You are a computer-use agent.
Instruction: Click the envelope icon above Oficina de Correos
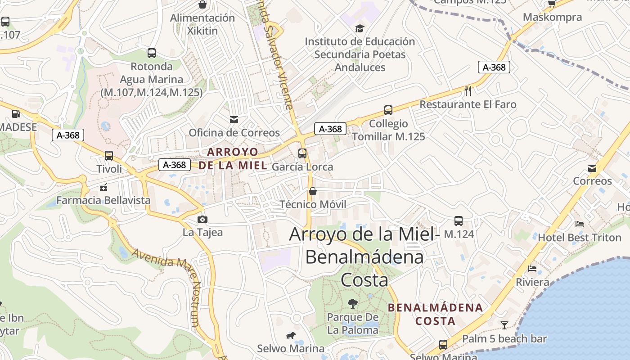click(234, 119)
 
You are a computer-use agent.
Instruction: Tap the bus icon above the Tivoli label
click(108, 156)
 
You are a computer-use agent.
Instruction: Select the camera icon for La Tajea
click(202, 219)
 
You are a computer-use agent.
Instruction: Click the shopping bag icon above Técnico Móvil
click(313, 191)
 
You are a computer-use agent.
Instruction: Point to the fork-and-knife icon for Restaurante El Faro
click(468, 91)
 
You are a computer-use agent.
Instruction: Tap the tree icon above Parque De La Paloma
click(353, 304)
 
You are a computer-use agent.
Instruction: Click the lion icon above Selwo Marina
click(291, 335)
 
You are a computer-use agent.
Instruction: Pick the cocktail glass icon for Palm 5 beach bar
click(504, 325)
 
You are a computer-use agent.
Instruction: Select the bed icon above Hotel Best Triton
click(580, 224)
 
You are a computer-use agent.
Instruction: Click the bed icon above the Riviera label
click(532, 269)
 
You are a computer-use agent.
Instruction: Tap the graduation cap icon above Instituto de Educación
click(360, 28)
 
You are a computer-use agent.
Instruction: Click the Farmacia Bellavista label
click(103, 200)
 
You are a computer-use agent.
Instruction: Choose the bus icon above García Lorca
click(302, 153)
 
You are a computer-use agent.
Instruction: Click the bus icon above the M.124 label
click(459, 221)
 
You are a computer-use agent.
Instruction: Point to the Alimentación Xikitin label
click(202, 24)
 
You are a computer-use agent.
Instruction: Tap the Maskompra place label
click(552, 18)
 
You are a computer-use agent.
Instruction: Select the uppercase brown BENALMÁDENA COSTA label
click(435, 314)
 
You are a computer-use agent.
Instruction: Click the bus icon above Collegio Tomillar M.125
click(388, 110)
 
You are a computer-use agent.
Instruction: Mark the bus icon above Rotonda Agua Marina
click(152, 53)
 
